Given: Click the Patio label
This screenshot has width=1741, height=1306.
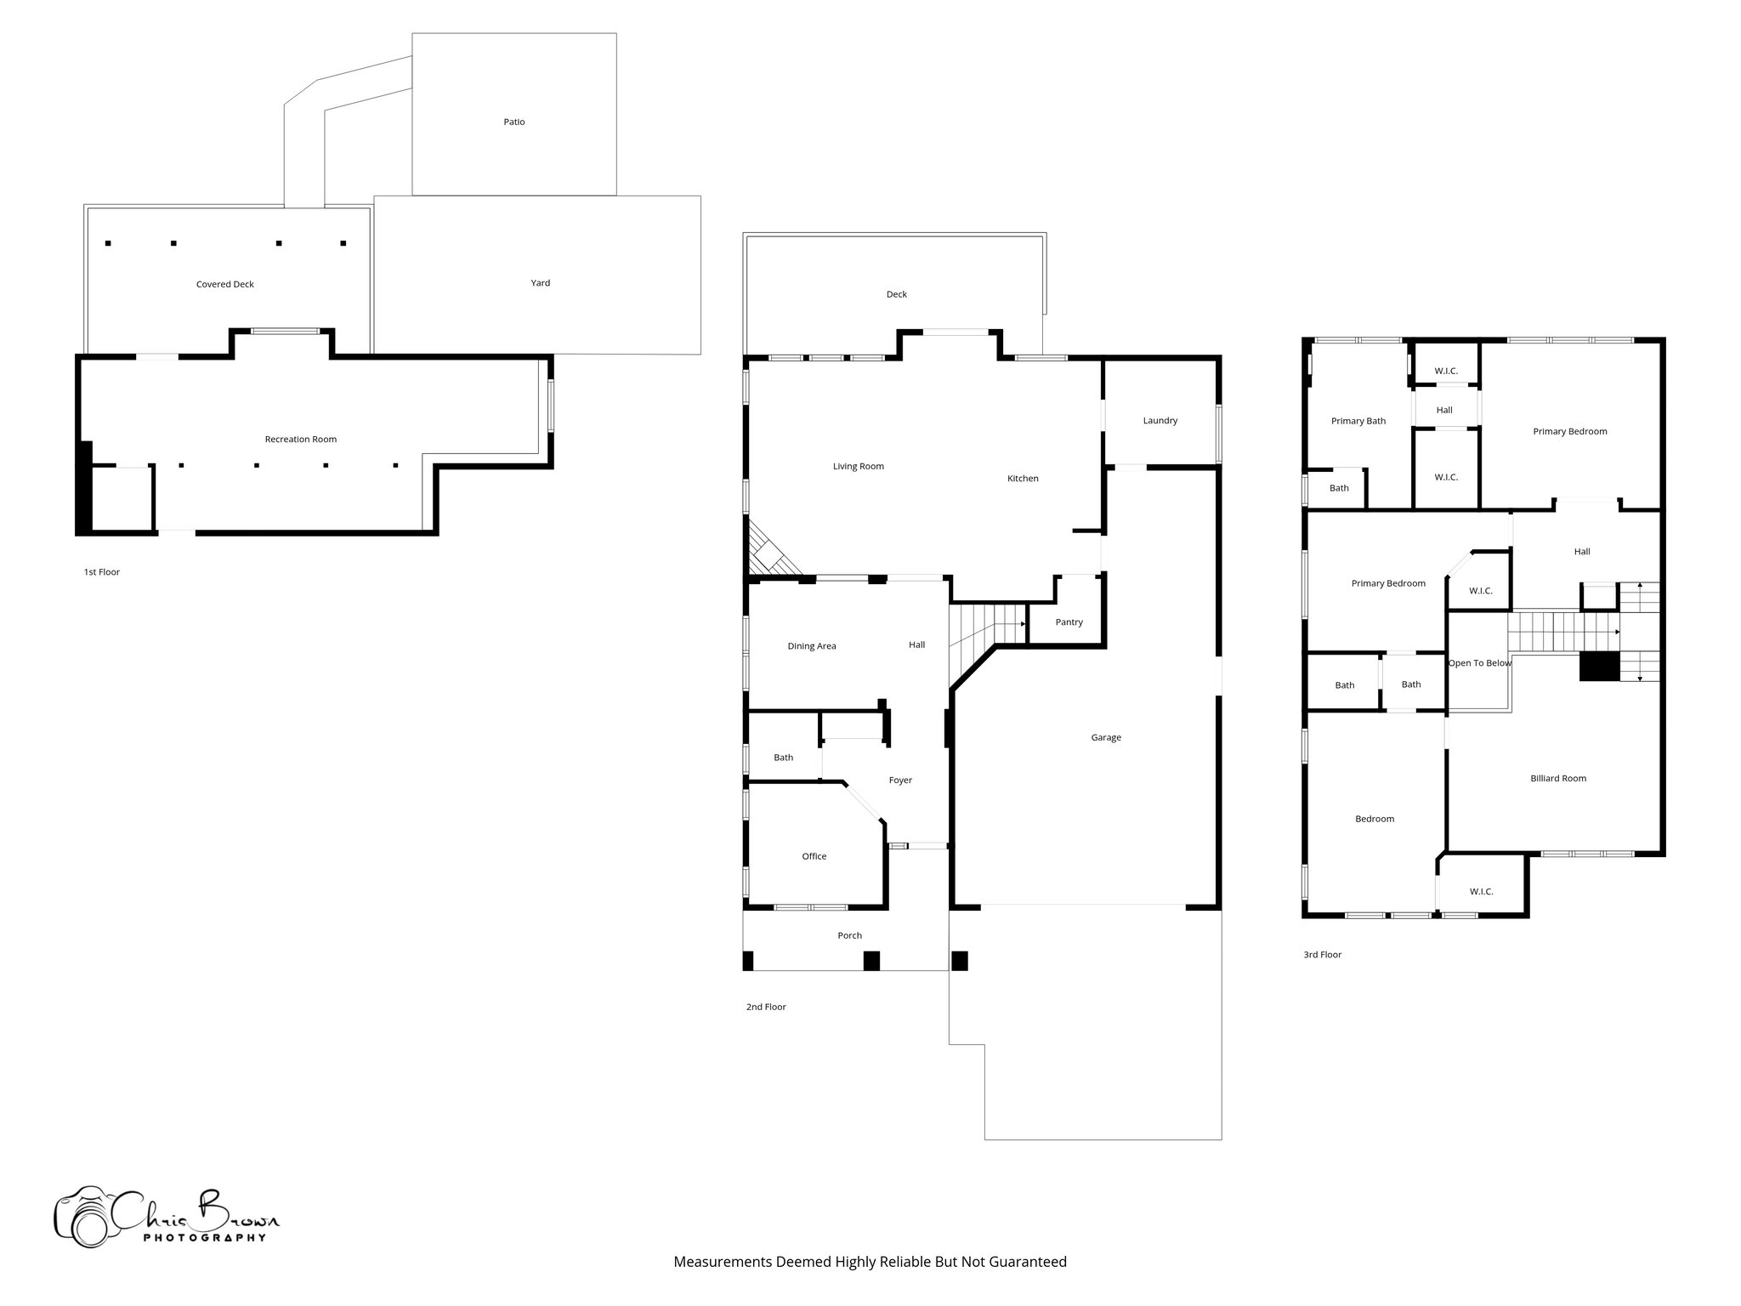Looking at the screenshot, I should coord(513,122).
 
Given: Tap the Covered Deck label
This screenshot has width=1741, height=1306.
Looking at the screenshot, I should coord(224,285).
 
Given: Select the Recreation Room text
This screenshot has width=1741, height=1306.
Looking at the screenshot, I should coord(300,440).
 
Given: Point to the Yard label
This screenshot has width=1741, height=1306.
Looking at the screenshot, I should coord(540,283).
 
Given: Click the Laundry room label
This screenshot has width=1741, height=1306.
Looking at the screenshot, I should coord(1160,421).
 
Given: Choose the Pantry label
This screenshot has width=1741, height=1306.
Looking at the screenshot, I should coord(1069,622).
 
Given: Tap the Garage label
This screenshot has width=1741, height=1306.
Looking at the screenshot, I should coord(1105,738).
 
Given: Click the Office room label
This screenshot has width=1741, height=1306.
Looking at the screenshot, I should coord(814,857).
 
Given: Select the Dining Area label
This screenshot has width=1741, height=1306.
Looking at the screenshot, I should coord(811,646).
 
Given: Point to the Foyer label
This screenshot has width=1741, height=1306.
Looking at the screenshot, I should coord(899,781).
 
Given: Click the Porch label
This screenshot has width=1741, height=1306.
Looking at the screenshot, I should coord(849,936).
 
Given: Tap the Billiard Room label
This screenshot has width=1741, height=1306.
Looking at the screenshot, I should coord(1557,779).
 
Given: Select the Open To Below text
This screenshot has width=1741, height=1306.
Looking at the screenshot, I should coord(1479,663).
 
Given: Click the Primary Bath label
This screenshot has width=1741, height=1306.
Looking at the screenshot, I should coord(1358,422).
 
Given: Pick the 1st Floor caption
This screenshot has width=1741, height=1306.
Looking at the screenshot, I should coord(101,572).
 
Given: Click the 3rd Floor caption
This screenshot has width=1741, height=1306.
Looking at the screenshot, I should coord(1322,955).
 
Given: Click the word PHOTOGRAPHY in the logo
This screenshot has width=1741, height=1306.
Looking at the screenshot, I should coord(204,1238).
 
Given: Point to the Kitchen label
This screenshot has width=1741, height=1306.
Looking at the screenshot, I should coord(1022,479).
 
